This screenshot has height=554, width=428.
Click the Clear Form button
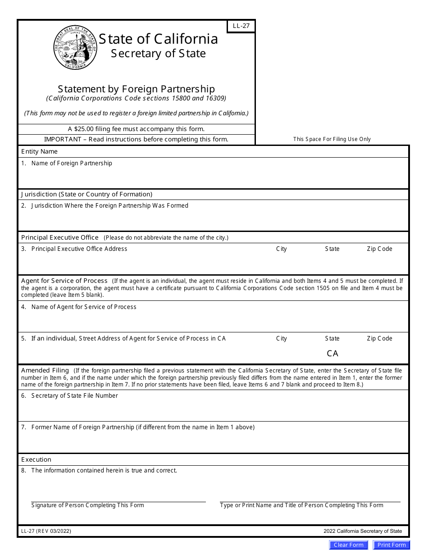(348, 545)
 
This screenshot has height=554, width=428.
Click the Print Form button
(392, 545)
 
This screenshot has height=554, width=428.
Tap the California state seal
(75, 47)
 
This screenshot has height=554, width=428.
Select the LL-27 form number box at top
(241, 26)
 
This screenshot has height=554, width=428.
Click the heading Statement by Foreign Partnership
(136, 89)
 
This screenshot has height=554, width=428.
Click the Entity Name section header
(39, 152)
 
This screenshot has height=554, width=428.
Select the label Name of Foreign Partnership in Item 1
(72, 163)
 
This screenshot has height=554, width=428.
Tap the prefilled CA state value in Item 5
(332, 354)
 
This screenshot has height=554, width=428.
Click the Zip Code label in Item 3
(379, 249)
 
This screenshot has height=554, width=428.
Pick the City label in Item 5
(281, 338)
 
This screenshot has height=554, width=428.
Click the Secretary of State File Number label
(74, 395)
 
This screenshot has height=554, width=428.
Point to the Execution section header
(36, 459)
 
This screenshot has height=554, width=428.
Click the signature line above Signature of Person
(118, 501)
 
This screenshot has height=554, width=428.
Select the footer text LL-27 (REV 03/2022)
(46, 531)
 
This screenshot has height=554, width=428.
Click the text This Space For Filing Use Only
(332, 139)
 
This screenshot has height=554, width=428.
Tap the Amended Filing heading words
(45, 370)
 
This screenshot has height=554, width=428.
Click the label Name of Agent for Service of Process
(84, 307)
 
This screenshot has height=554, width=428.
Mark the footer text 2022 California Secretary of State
(362, 531)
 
